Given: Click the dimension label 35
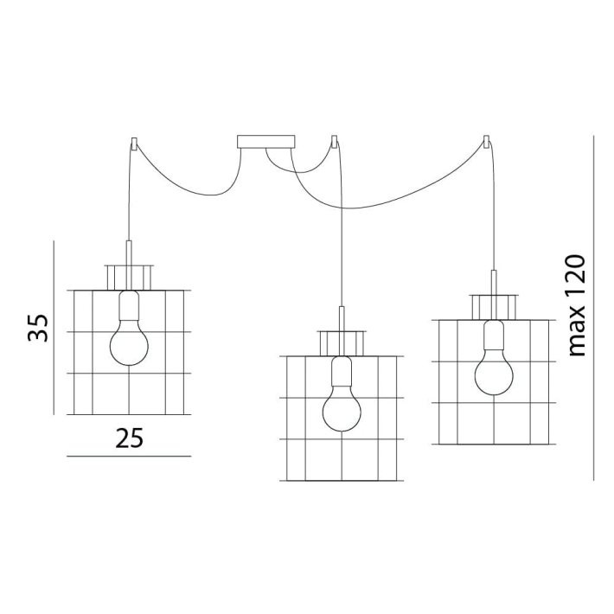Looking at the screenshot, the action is (38, 328).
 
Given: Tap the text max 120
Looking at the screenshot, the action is (577, 306).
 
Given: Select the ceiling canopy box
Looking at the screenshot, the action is (265, 142).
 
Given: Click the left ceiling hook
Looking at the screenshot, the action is (134, 143).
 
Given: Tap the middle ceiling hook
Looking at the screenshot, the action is (334, 142).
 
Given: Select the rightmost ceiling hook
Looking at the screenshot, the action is (486, 142).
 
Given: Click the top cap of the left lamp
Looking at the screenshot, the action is (129, 278).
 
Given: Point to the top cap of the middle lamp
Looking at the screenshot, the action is (342, 343).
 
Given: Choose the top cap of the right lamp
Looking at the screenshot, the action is (494, 307).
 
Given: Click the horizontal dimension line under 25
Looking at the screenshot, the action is (129, 457).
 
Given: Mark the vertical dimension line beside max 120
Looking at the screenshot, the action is (593, 308).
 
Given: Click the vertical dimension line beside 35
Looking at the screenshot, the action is (54, 328).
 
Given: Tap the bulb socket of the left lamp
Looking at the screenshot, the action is (129, 304).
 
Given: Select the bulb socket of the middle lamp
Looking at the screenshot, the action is (342, 371).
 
